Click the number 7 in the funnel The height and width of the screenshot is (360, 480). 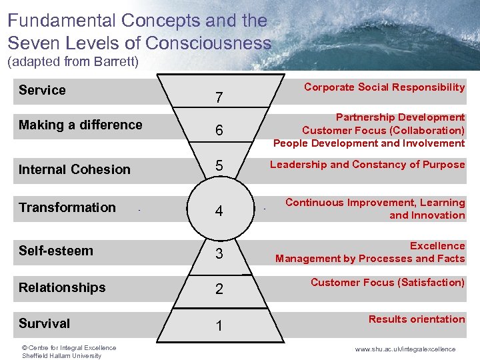(x=219, y=98)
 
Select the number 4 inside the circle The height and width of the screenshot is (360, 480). (x=219, y=212)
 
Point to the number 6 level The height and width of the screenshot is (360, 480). (x=219, y=131)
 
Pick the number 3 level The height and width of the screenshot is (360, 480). (x=219, y=254)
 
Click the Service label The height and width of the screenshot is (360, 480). (x=42, y=90)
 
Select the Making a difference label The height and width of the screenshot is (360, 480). (x=80, y=125)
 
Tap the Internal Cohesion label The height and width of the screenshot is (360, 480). (x=74, y=169)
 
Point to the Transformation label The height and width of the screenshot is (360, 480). (x=67, y=207)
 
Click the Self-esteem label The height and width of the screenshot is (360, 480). (x=56, y=251)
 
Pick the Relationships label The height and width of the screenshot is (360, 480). (x=62, y=287)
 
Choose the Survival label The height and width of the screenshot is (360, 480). (x=44, y=323)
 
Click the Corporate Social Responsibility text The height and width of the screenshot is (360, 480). (x=384, y=87)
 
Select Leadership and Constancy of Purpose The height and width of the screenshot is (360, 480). (x=367, y=165)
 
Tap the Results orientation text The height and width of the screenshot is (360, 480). (x=417, y=319)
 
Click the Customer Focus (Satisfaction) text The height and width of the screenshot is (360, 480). (x=387, y=283)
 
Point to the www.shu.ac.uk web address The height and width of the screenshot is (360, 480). (x=405, y=349)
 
